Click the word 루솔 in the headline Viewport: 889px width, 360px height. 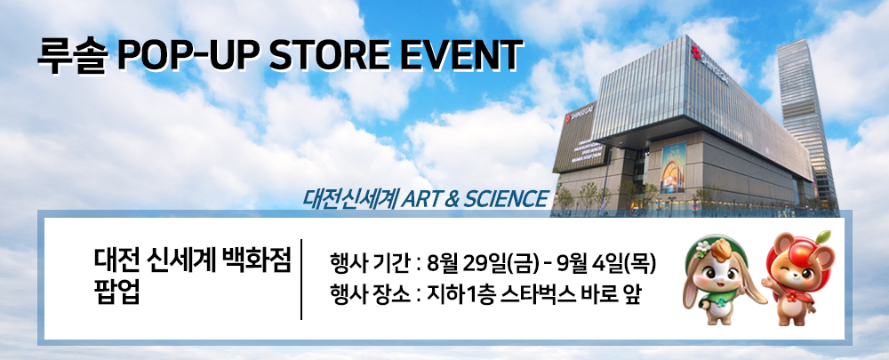coord(71,56)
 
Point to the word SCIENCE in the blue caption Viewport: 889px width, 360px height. coord(505,198)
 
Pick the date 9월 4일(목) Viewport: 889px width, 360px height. coord(606,264)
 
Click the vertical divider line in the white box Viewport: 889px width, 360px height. coord(301,279)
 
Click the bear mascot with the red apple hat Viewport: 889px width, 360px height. coord(796,278)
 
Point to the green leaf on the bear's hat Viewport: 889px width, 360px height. coord(824,236)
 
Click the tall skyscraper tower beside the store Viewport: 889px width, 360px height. coord(806,119)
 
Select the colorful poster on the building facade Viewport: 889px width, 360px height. coord(673,167)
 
